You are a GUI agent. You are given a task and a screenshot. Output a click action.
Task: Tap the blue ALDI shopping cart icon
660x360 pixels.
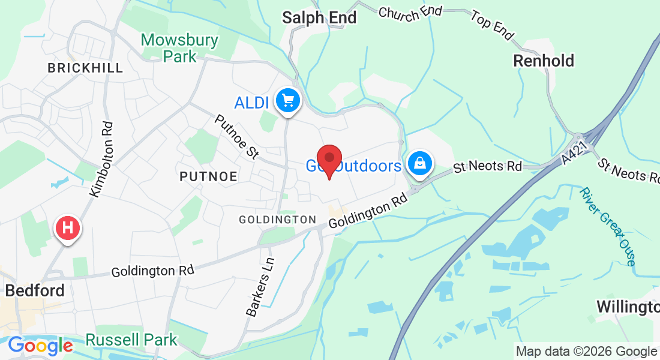[288, 100]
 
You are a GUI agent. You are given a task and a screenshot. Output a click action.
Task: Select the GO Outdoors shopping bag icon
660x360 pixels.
[421, 163]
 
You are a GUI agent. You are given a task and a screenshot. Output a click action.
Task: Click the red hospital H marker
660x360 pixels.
[68, 229]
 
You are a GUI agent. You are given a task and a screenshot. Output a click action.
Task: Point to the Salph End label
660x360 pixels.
[320, 17]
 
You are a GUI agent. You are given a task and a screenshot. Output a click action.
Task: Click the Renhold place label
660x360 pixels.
[544, 61]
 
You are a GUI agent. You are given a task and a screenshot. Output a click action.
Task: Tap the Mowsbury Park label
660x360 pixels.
[179, 48]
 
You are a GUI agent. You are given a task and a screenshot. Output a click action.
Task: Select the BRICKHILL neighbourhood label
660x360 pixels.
[85, 68]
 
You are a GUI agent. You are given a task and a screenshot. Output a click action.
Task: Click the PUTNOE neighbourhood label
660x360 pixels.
[208, 176]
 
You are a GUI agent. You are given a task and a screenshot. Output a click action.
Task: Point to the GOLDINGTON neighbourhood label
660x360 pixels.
[277, 220]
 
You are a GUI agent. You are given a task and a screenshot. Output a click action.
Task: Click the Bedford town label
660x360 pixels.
[35, 291]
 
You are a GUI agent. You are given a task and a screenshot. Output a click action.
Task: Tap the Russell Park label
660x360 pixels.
[131, 340]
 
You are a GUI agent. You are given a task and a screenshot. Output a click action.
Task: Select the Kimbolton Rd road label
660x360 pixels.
[101, 159]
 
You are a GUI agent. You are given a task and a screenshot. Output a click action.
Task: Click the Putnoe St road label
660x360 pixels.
[236, 137]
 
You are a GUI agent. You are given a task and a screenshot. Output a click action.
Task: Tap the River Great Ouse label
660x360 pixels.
[607, 226]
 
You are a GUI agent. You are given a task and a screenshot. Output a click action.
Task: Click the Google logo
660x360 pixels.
[40, 346]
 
